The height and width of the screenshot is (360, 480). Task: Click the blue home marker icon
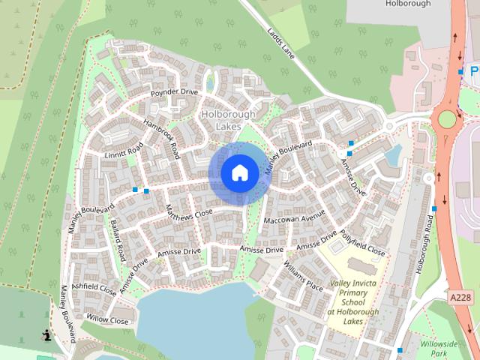pos(239,173)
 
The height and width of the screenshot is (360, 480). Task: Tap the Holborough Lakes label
pos(228,120)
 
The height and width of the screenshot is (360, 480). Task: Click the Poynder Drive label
pos(173,92)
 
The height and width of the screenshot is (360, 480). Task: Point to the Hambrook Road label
pos(163,140)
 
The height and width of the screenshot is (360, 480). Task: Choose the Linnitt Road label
pos(124,152)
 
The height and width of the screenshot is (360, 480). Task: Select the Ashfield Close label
pos(94,288)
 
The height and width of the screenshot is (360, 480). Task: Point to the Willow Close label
pos(107,320)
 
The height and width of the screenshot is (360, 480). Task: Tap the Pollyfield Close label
pos(361,242)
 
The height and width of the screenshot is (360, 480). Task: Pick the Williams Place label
pos(303,275)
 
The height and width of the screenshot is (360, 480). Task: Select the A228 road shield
pos(461,298)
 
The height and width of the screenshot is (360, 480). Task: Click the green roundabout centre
pos(448,119)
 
